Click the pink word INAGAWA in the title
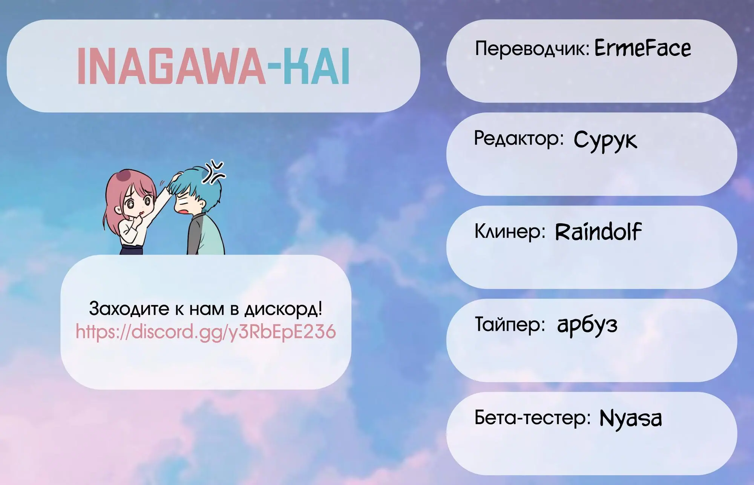click(x=172, y=66)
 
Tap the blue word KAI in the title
click(x=313, y=66)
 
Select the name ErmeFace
click(x=643, y=49)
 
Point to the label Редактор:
click(x=519, y=139)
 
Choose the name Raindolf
click(x=598, y=232)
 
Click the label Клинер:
click(x=510, y=232)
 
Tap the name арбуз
click(x=587, y=325)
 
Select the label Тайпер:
click(x=510, y=324)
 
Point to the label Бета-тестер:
click(x=532, y=417)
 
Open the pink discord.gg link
click(x=206, y=332)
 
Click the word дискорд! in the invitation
click(x=284, y=310)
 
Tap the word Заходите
click(x=129, y=309)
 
